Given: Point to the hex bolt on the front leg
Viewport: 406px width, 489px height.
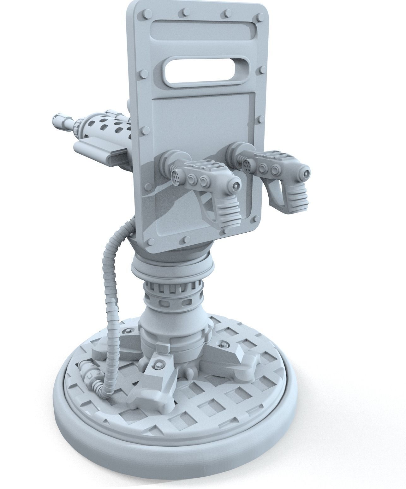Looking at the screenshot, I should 158,365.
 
